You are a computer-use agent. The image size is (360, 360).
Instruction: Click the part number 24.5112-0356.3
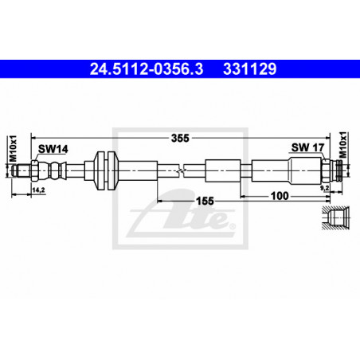[x=147, y=69]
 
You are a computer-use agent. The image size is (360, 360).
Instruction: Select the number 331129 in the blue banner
[x=250, y=69]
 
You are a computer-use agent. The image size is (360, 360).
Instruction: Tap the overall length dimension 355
[x=180, y=138]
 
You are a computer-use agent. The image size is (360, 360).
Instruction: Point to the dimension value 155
[x=205, y=201]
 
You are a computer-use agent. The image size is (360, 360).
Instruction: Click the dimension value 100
[x=280, y=196]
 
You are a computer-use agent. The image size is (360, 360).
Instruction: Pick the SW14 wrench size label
[x=53, y=149]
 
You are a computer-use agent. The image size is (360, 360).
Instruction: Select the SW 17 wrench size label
[x=307, y=147]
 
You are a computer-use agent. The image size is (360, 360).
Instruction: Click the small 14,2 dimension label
[x=38, y=190]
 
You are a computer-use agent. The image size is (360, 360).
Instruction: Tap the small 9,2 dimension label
[x=325, y=188]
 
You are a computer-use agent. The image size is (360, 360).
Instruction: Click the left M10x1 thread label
[x=13, y=148]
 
